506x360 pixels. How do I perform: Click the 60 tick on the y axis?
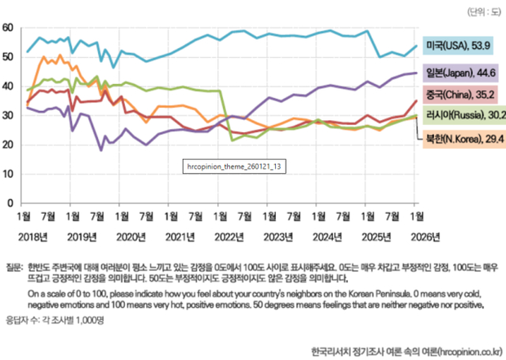tap(7, 28)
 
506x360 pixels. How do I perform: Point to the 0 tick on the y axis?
tap(11, 203)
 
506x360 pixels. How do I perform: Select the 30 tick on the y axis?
tap(7, 116)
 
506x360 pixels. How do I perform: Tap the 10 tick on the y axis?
tap(7, 174)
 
